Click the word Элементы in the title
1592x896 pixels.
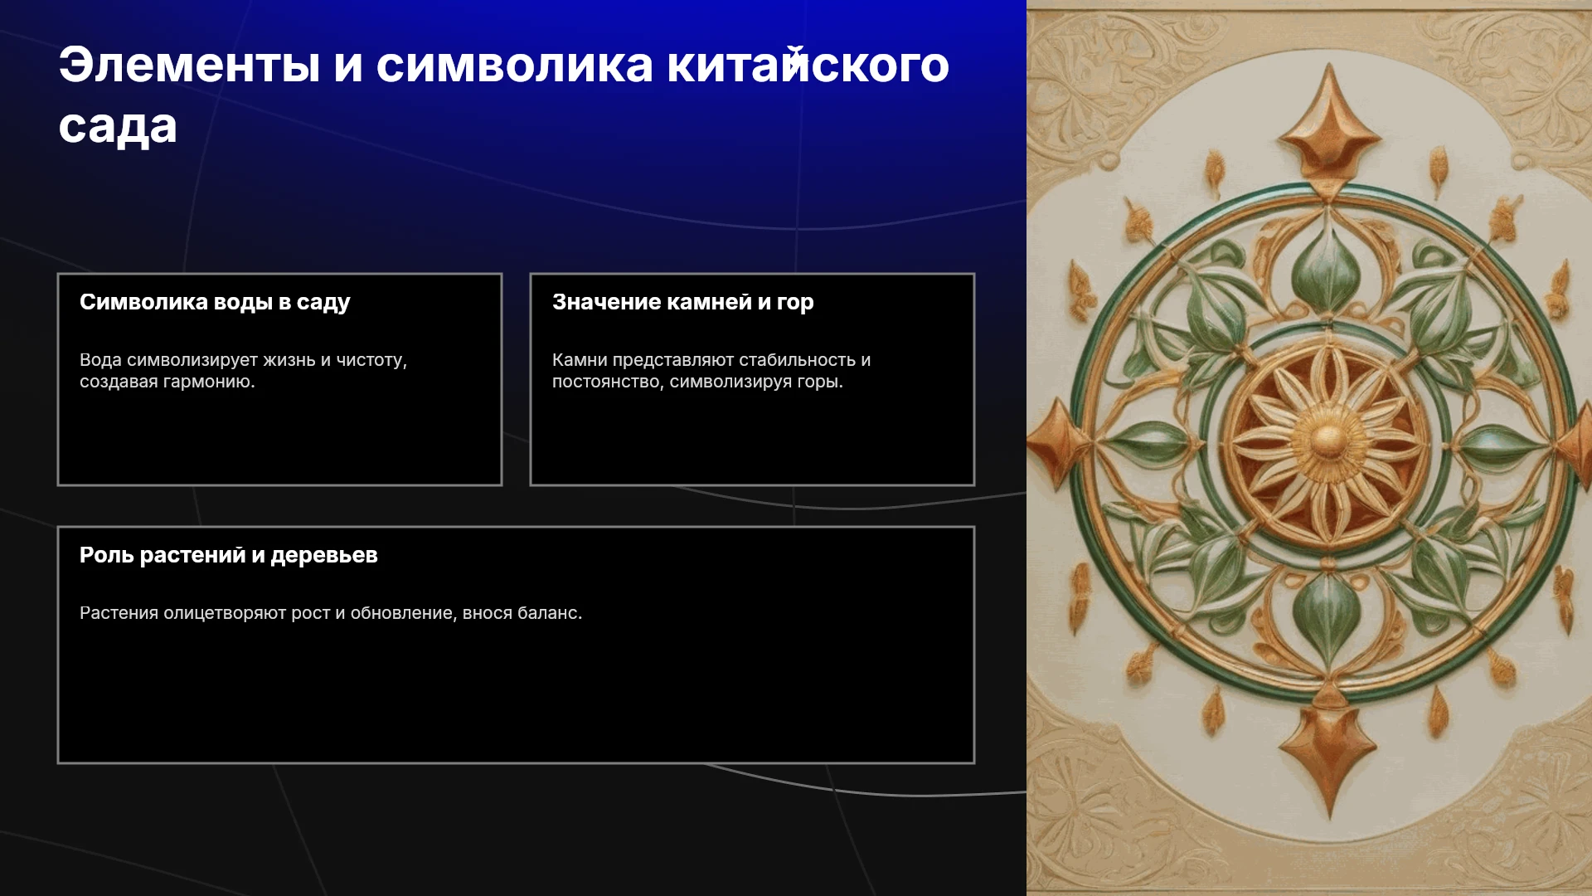pos(189,65)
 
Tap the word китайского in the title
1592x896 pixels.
pos(808,65)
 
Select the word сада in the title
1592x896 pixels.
pos(118,126)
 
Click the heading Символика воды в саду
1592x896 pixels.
pos(215,302)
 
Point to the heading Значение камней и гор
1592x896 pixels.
pos(683,302)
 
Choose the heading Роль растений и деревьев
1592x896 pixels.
pos(229,555)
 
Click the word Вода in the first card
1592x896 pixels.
pos(100,360)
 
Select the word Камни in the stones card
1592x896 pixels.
pos(580,360)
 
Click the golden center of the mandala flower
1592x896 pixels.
pos(1327,440)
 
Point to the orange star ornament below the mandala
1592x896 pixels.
pos(1329,751)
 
